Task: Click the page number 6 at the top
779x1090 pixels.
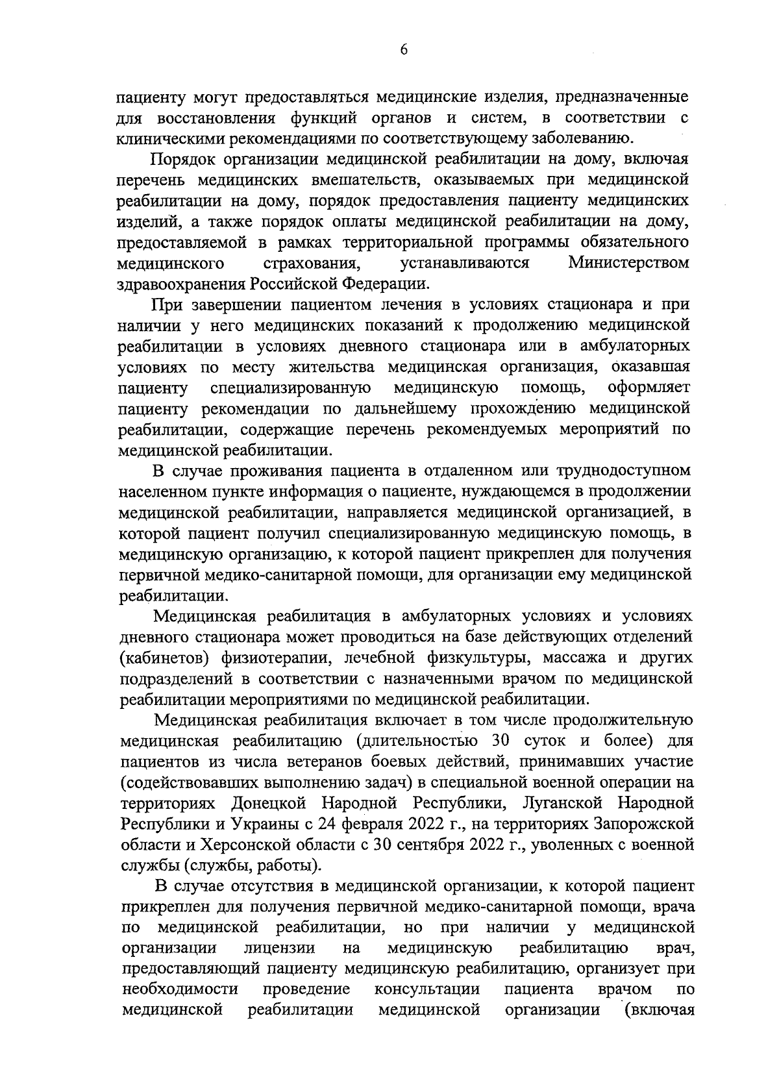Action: [403, 51]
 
